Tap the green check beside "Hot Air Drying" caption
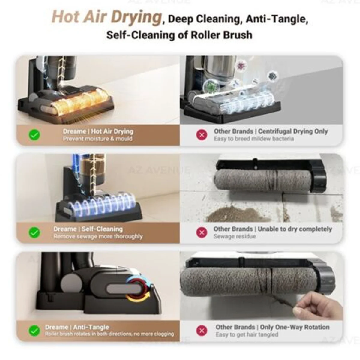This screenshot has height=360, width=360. pos(34,135)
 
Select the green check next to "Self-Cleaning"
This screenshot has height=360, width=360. pos(34,232)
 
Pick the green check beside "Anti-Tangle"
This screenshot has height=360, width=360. pos(34,331)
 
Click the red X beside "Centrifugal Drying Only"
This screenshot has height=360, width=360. pos(202,135)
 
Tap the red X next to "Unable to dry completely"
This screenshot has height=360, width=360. pos(202,232)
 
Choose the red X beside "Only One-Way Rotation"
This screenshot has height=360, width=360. pos(202,331)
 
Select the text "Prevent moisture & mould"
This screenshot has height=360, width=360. pos(98,139)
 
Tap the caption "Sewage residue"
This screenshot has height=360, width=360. pos(235,236)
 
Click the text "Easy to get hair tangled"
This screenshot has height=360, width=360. pos(247,334)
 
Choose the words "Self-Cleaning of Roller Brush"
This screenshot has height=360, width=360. pos(179,35)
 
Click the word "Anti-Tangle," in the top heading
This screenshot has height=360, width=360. pos(277,19)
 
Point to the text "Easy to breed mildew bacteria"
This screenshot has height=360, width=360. pos(254,139)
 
